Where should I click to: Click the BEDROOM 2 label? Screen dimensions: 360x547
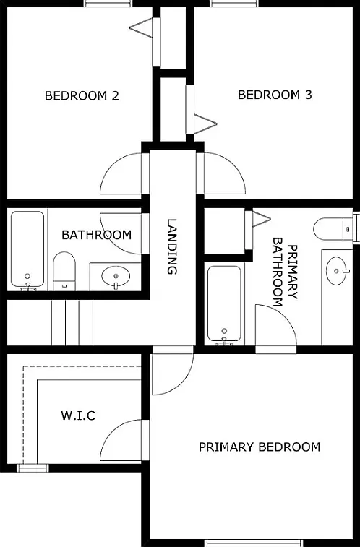pyautogui.click(x=82, y=95)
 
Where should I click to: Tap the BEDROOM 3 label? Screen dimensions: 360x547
pyautogui.click(x=275, y=95)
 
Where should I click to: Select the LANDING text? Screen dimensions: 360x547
pyautogui.click(x=172, y=246)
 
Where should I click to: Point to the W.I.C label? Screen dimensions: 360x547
pyautogui.click(x=78, y=415)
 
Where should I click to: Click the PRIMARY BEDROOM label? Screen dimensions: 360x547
pyautogui.click(x=260, y=447)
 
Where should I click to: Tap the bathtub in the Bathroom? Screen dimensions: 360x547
pyautogui.click(x=27, y=250)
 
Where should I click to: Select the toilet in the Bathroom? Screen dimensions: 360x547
pyautogui.click(x=64, y=271)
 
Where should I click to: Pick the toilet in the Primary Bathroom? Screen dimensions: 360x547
pyautogui.click(x=333, y=229)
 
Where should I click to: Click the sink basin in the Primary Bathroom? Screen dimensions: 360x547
pyautogui.click(x=337, y=271)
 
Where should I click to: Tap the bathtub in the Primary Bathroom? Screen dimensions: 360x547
pyautogui.click(x=224, y=304)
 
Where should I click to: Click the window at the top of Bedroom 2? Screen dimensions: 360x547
pyautogui.click(x=108, y=4)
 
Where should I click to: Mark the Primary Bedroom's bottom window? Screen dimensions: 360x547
pyautogui.click(x=255, y=543)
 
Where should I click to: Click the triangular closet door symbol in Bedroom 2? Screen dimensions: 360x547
pyautogui.click(x=141, y=27)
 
